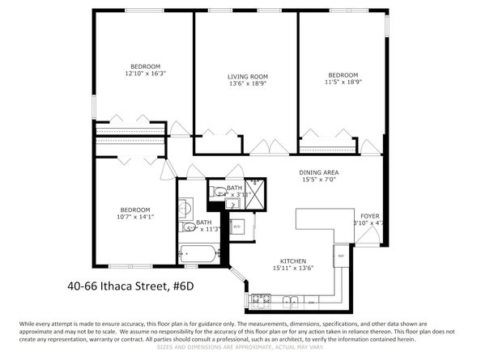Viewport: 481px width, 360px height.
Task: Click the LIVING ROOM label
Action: click(247, 77)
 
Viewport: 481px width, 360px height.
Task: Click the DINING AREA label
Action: click(318, 172)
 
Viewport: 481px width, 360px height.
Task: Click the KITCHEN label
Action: click(292, 261)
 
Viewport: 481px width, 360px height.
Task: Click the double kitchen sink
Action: click(290, 302)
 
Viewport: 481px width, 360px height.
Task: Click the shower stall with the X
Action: click(255, 190)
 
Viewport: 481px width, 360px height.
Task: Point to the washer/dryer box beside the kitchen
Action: click(237, 227)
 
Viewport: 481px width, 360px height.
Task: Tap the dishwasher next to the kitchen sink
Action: click(311, 302)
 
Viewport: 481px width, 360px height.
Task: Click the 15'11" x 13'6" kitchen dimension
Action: click(292, 269)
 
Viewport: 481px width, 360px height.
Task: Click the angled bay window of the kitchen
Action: click(239, 285)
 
